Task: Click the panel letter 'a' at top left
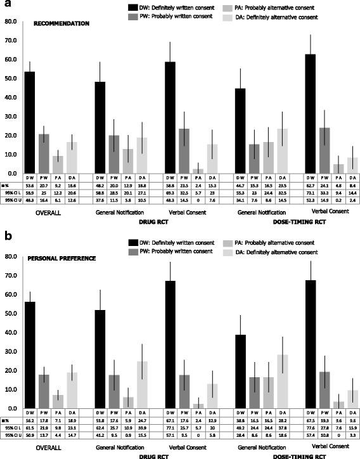coord(5,6)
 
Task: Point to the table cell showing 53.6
coord(29,187)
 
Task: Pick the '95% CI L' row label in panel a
coord(10,193)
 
